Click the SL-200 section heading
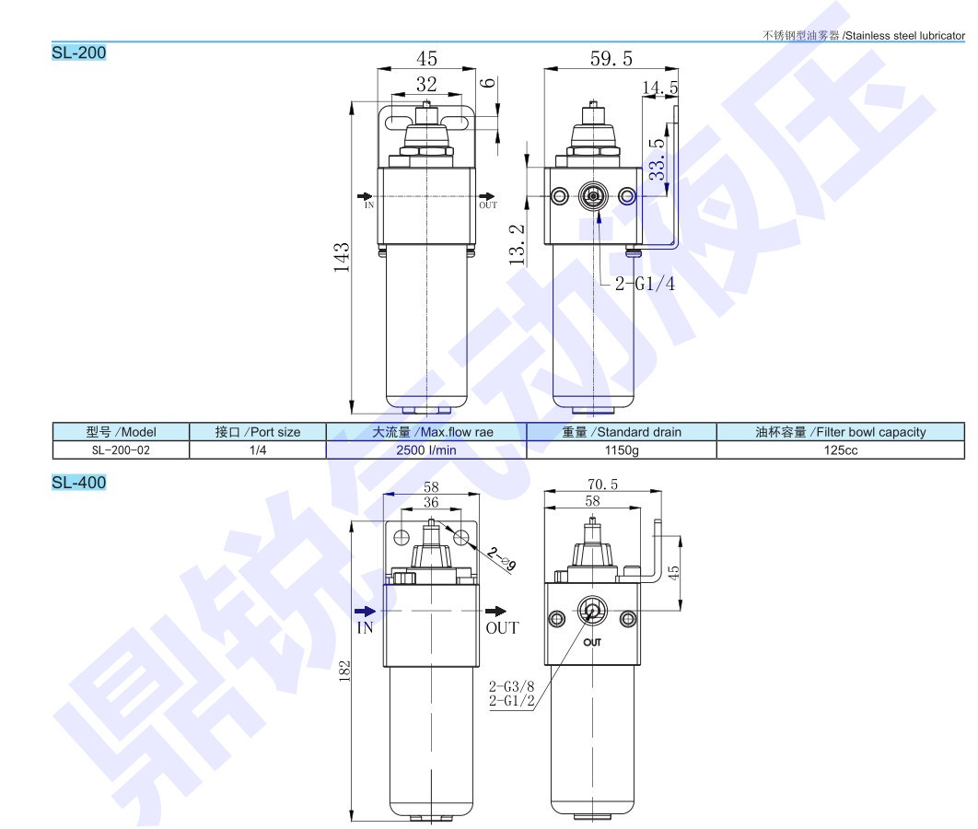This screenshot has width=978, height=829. (x=78, y=53)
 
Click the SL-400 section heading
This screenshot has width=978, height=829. (x=78, y=482)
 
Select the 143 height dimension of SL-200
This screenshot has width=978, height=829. (x=341, y=257)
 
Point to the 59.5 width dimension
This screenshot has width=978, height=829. (x=611, y=59)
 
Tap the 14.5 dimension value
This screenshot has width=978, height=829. (x=660, y=88)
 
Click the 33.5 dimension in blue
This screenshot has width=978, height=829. (x=657, y=159)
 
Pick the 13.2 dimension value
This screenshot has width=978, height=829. (x=517, y=244)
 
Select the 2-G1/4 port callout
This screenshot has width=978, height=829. (x=645, y=284)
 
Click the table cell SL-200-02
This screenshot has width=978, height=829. (x=121, y=450)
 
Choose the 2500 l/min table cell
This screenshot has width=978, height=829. (x=426, y=450)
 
